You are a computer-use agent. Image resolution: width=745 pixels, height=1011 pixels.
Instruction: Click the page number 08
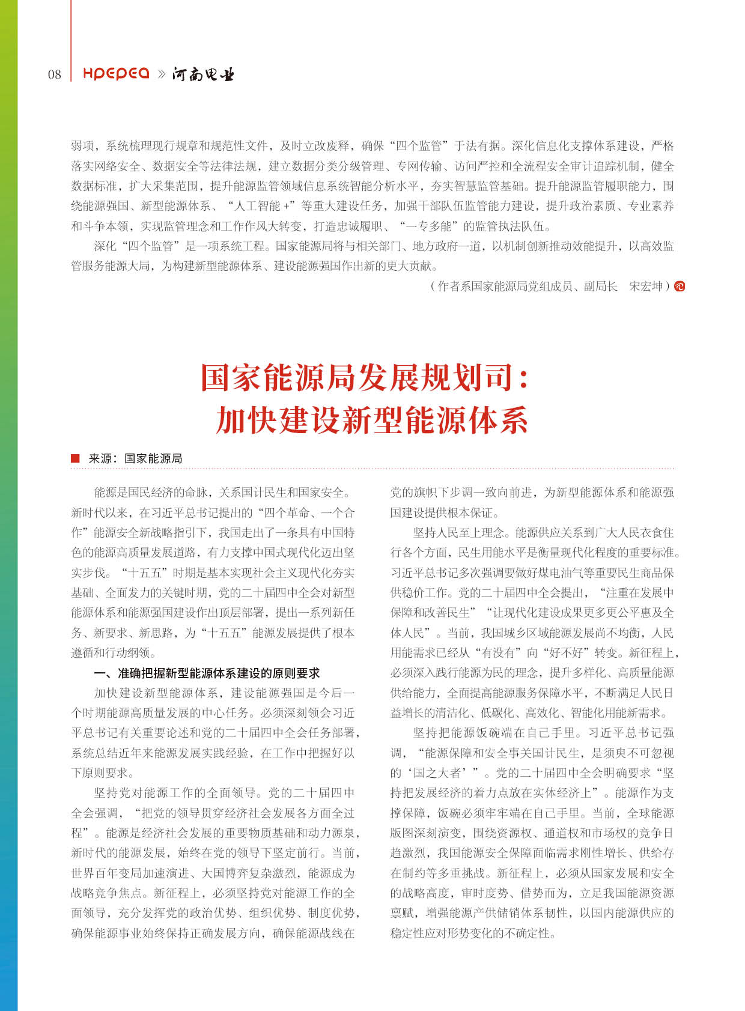click(x=54, y=74)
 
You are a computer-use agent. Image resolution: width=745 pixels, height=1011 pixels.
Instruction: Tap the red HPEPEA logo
click(x=116, y=73)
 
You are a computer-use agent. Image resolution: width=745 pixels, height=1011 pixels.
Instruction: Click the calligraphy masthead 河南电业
click(x=203, y=74)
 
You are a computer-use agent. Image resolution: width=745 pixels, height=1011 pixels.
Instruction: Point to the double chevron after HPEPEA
click(x=161, y=74)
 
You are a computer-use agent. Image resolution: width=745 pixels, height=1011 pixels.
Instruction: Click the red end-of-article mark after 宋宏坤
click(x=679, y=287)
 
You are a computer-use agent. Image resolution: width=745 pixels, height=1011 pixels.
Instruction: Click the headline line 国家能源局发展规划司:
click(x=365, y=377)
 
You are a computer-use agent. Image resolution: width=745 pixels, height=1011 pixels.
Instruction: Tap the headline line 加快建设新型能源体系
click(x=372, y=420)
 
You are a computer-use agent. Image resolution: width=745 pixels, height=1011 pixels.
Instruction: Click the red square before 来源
click(x=75, y=458)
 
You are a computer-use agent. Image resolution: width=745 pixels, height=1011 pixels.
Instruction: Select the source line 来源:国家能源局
click(x=135, y=458)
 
